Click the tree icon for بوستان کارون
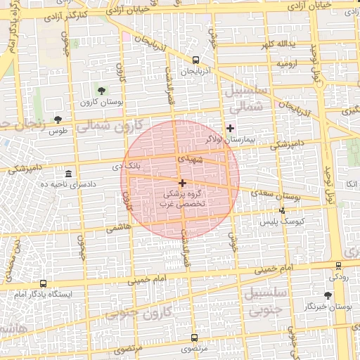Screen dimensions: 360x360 (101, 90)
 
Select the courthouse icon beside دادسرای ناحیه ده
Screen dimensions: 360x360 (68, 174)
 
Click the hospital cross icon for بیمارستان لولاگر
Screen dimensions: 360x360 (230, 128)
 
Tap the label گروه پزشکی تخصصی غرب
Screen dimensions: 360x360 (182, 197)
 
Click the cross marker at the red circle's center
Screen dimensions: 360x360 (182, 183)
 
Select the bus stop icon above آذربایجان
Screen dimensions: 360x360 (195, 60)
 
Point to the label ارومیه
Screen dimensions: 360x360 (288, 64)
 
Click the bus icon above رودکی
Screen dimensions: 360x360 (338, 266)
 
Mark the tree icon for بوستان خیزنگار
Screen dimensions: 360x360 (328, 296)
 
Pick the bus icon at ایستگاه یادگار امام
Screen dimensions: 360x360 (44, 284)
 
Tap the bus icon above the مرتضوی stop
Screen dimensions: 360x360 (193, 337)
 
